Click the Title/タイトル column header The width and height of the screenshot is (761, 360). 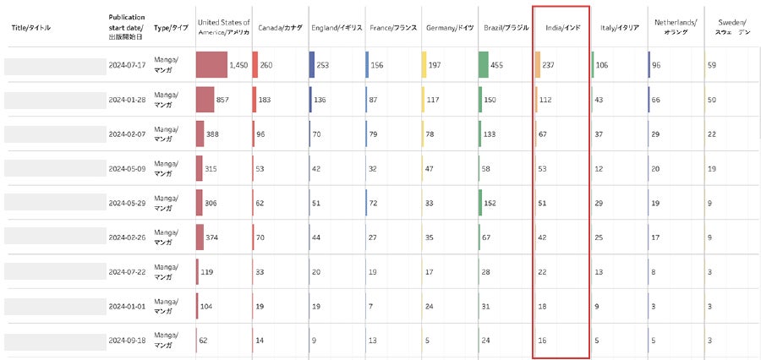coord(30,28)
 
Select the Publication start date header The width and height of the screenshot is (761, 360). coord(127,28)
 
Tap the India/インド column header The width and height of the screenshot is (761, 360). coord(561,28)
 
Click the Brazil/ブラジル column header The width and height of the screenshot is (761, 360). coord(506,28)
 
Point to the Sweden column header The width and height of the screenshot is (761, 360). coord(731,28)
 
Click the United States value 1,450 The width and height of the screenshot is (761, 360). coord(238,65)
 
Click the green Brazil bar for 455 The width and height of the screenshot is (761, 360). coord(483,65)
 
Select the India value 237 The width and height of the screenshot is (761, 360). coord(548,65)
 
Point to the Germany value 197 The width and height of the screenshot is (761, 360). coord(435,65)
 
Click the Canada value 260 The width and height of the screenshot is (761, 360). coord(266,65)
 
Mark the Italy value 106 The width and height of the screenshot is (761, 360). coord(602,65)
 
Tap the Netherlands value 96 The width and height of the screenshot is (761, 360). coord(656,65)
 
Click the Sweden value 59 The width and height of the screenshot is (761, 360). coord(712,65)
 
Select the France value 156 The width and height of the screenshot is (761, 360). coord(377,65)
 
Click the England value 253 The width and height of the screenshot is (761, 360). coord(323,65)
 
